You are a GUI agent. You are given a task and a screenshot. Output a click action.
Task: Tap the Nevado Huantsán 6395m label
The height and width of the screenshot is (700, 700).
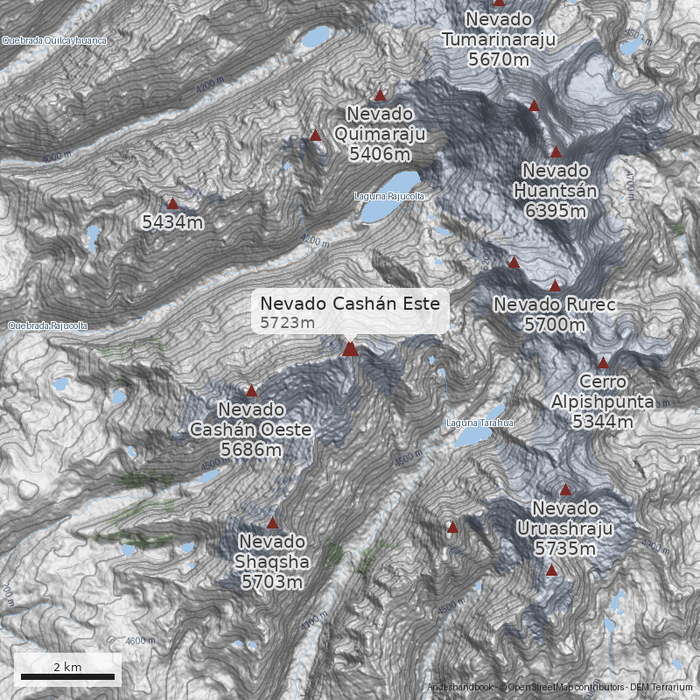tap(555, 189)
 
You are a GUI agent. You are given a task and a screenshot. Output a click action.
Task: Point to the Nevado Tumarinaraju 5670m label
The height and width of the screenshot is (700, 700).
tap(499, 39)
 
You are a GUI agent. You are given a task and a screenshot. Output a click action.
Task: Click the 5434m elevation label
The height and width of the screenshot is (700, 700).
tap(172, 222)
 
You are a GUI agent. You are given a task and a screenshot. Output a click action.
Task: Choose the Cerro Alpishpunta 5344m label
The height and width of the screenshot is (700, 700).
tap(603, 402)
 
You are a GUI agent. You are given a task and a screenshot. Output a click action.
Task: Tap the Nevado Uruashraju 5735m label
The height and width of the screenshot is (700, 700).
tap(564, 529)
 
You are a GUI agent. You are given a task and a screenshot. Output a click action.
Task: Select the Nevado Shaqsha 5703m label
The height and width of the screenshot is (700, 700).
tap(272, 561)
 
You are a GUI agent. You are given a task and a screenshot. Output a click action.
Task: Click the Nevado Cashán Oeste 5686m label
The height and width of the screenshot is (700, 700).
tap(251, 430)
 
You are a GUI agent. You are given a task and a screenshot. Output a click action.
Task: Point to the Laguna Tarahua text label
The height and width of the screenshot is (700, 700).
tap(479, 424)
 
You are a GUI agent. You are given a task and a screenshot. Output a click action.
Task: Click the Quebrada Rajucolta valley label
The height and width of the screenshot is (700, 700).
tap(47, 325)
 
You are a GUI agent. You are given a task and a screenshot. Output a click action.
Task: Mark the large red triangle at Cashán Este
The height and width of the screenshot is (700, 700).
tap(350, 349)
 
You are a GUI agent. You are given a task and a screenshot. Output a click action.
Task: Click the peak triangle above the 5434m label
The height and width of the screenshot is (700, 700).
tap(172, 204)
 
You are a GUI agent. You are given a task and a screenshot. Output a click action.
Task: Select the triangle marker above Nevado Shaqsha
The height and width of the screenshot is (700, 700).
tap(272, 523)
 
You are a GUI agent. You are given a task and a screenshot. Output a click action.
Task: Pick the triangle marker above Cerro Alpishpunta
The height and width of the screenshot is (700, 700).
tap(603, 362)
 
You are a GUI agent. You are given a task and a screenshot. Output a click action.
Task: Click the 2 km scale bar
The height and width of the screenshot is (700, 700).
tap(67, 675)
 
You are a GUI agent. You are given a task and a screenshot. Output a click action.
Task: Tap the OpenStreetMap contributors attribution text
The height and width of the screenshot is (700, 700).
tap(561, 688)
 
